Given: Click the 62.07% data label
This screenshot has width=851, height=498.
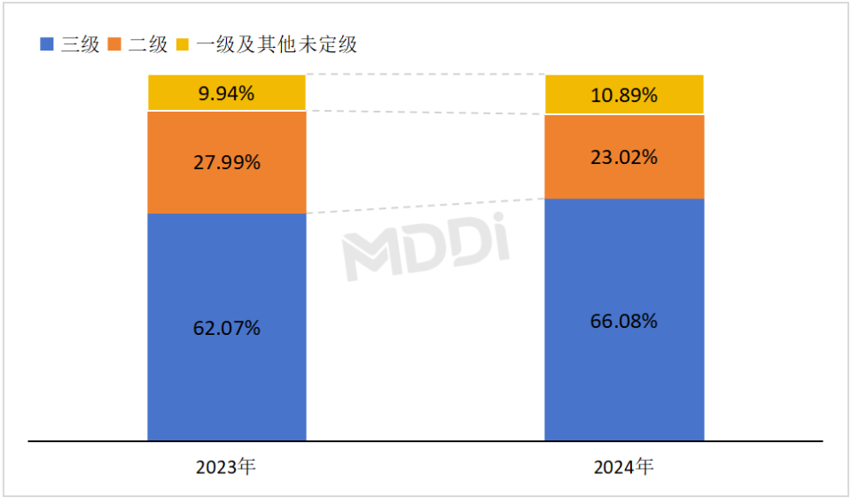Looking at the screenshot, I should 227,328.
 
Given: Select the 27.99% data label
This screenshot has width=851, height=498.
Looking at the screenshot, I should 227,162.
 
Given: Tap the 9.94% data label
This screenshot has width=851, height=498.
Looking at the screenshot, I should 227,93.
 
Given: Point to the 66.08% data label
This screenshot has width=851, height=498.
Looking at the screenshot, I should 624,321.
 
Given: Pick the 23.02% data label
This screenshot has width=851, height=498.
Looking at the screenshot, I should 624,158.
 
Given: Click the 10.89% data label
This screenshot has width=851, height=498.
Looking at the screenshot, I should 624,95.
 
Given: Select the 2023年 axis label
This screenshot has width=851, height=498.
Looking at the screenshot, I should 227,467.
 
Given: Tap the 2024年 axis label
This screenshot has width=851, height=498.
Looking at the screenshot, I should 624,466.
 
